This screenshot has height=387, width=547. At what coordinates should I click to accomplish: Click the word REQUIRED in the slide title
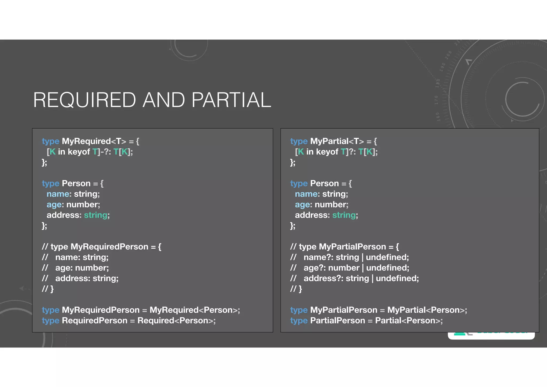pyautogui.click(x=84, y=100)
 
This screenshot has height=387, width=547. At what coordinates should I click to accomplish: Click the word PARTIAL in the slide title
pyautogui.click(x=231, y=100)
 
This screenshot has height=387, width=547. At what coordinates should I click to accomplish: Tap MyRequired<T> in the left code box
pyautogui.click(x=94, y=141)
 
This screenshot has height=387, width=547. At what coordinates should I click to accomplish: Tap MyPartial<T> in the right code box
pyautogui.click(x=337, y=141)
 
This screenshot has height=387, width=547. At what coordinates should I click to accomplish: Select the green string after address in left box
pyautogui.click(x=96, y=215)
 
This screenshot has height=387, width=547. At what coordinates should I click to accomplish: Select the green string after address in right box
pyautogui.click(x=344, y=215)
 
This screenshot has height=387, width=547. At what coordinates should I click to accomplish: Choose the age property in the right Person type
pyautogui.click(x=303, y=205)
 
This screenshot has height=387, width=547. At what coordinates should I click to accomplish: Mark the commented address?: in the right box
pyautogui.click(x=323, y=278)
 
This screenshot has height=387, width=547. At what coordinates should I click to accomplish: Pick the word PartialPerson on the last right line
pyautogui.click(x=338, y=320)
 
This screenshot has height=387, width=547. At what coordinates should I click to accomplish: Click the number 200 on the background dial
pyautogui.click(x=448, y=55)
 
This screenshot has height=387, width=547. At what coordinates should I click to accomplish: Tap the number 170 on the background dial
pyautogui.click(x=436, y=100)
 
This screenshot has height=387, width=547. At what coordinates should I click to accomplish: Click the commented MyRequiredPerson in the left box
pyautogui.click(x=109, y=247)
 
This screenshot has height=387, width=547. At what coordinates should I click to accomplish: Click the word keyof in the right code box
pyautogui.click(x=327, y=152)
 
